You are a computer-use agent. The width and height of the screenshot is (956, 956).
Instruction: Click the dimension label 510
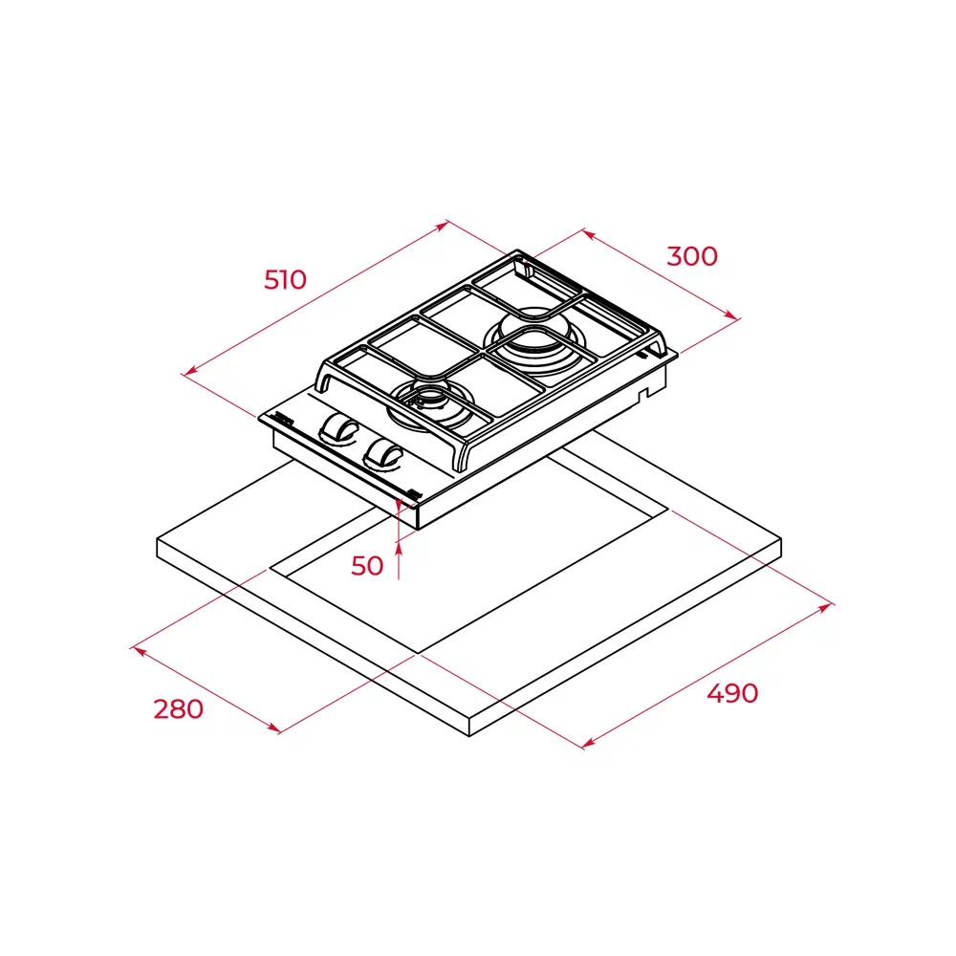[285, 280]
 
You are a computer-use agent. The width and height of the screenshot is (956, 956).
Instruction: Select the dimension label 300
[692, 256]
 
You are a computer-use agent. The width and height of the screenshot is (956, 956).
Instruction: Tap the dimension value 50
[367, 566]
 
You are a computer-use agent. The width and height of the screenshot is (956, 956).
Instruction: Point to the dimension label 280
[178, 709]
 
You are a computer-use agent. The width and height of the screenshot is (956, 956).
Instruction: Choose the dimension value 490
[732, 693]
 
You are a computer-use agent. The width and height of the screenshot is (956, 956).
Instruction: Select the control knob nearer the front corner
[381, 455]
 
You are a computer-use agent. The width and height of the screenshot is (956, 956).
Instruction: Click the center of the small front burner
[432, 401]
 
